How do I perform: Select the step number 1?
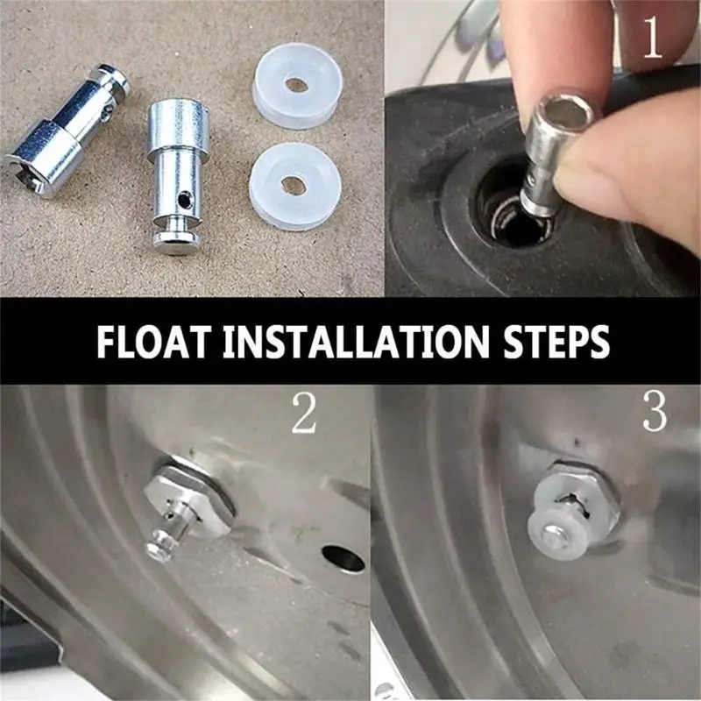click(653, 39)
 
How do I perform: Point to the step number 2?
click(303, 414)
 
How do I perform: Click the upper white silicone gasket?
click(296, 86)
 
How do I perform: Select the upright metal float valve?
click(177, 172)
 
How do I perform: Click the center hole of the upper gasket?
click(296, 85)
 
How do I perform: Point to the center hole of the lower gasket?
click(293, 186)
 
